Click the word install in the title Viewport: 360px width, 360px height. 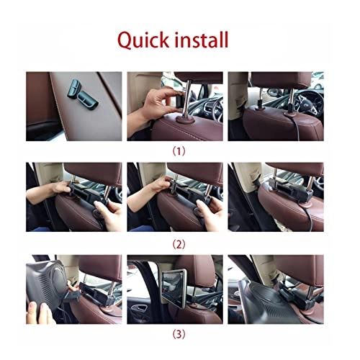pos(198,39)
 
